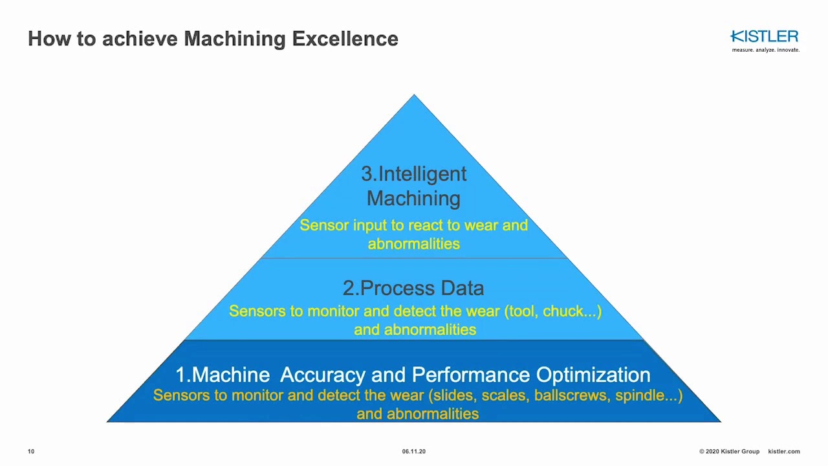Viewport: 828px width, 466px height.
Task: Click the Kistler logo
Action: tap(764, 36)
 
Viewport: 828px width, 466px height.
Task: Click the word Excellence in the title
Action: tap(345, 39)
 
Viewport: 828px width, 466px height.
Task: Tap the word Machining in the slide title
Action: tap(234, 39)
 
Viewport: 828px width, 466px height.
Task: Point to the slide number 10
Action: tap(31, 451)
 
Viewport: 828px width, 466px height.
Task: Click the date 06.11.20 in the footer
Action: tap(413, 451)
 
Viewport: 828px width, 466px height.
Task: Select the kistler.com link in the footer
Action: tap(783, 451)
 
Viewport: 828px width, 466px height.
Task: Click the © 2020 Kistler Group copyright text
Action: tap(729, 451)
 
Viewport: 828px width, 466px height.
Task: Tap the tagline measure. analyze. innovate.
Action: tap(765, 50)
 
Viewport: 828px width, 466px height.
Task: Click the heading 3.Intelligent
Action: tap(413, 173)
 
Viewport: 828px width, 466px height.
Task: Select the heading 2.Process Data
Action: tap(413, 288)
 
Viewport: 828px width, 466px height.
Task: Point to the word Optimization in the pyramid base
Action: tap(593, 375)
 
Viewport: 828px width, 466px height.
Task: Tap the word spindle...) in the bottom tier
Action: tap(649, 395)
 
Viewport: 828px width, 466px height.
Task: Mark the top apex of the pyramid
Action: tap(414, 96)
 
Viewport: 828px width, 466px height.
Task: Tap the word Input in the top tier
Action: tap(370, 225)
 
